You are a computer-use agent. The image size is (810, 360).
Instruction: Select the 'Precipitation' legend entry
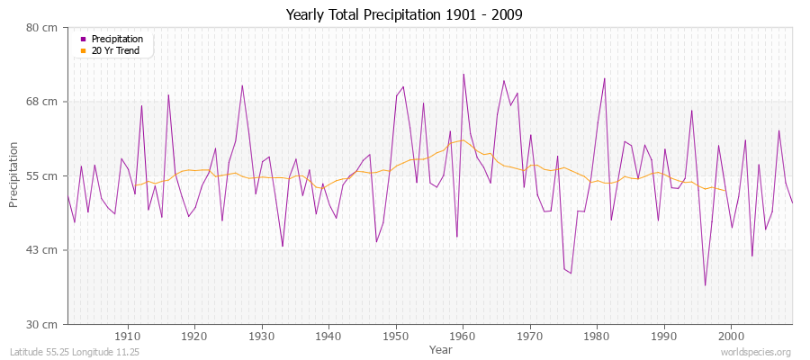pyautogui.click(x=117, y=39)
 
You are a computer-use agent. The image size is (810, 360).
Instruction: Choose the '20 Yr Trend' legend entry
pyautogui.click(x=116, y=50)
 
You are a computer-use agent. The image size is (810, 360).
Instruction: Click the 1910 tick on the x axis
pyautogui.click(x=128, y=336)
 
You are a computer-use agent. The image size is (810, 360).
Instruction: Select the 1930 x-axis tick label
pyautogui.click(x=262, y=336)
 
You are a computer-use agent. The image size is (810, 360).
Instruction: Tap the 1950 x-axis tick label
pyautogui.click(x=396, y=336)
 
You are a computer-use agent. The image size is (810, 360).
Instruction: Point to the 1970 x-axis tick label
pyautogui.click(x=530, y=336)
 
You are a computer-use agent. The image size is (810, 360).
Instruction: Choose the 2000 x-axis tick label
pyautogui.click(x=732, y=336)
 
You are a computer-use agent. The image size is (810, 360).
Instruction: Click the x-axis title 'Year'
pyautogui.click(x=441, y=348)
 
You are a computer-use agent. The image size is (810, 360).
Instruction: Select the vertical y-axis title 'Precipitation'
pyautogui.click(x=14, y=175)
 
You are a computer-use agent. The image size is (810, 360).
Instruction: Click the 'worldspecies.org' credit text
pyautogui.click(x=756, y=352)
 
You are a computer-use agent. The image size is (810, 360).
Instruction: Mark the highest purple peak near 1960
pyautogui.click(x=463, y=74)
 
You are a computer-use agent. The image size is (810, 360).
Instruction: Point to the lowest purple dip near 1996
pyautogui.click(x=705, y=285)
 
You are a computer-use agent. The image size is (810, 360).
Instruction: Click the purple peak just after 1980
pyautogui.click(x=604, y=78)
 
